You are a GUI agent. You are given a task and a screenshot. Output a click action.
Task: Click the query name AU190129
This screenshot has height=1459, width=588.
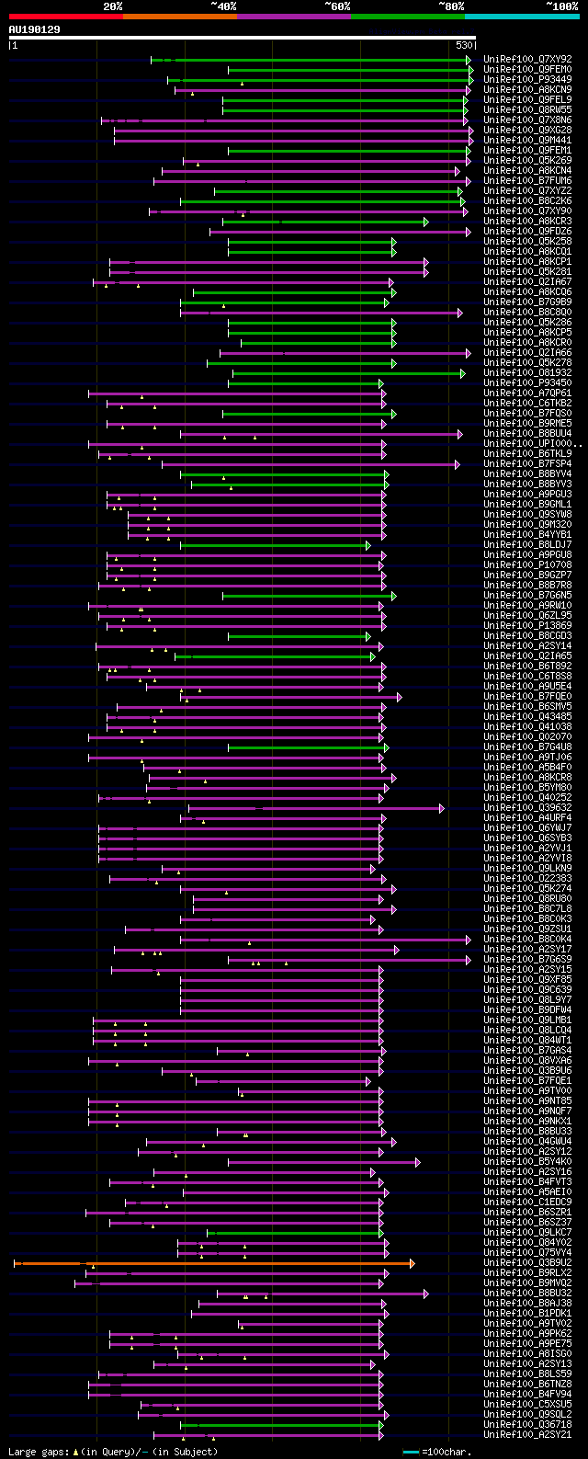click(x=34, y=29)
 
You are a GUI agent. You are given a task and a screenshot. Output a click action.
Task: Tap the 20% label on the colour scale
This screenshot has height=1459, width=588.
click(x=113, y=6)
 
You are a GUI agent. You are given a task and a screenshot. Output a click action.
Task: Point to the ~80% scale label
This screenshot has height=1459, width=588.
click(x=450, y=6)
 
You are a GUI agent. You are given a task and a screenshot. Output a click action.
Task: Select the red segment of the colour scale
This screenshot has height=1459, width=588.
click(x=65, y=17)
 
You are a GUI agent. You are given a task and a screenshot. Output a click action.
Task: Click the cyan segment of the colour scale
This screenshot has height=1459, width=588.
click(x=522, y=17)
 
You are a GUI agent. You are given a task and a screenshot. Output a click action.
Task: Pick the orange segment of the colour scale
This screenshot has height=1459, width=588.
click(x=179, y=17)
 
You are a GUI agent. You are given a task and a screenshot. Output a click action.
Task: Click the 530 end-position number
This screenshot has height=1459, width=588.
click(x=464, y=44)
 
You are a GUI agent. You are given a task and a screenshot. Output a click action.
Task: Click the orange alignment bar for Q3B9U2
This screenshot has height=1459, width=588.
click(x=211, y=1263)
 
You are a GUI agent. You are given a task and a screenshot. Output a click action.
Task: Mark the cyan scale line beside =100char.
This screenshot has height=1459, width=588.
click(x=412, y=1452)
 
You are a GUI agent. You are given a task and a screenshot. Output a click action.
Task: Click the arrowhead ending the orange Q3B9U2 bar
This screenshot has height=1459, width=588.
click(x=413, y=1263)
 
